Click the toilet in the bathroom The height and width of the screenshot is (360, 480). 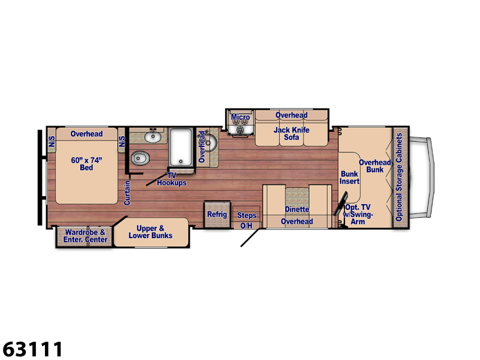140,158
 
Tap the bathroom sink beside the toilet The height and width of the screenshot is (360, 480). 152,137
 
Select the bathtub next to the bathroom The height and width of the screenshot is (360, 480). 181,148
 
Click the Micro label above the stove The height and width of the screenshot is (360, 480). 241,117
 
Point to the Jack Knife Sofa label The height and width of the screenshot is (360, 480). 292,133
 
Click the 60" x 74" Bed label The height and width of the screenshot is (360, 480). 86,164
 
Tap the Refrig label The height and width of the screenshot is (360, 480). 217,214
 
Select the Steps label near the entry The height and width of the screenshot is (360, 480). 247,215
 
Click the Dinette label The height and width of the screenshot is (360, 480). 297,209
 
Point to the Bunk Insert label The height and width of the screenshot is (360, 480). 349,178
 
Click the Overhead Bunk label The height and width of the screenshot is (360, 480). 374,166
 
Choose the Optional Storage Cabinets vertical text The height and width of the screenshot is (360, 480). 399,177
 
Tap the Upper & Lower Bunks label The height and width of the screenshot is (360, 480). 151,232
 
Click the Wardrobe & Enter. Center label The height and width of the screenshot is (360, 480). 85,236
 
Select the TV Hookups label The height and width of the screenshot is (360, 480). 172,179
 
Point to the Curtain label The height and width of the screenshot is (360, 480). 127,193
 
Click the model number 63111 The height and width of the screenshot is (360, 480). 32,349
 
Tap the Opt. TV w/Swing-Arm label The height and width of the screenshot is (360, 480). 358,214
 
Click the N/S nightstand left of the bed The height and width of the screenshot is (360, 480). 52,141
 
